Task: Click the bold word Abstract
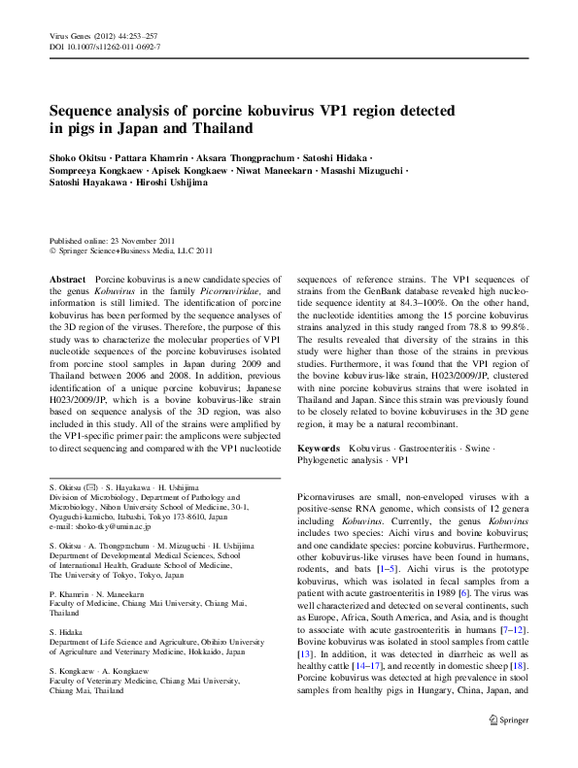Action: [67, 279]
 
